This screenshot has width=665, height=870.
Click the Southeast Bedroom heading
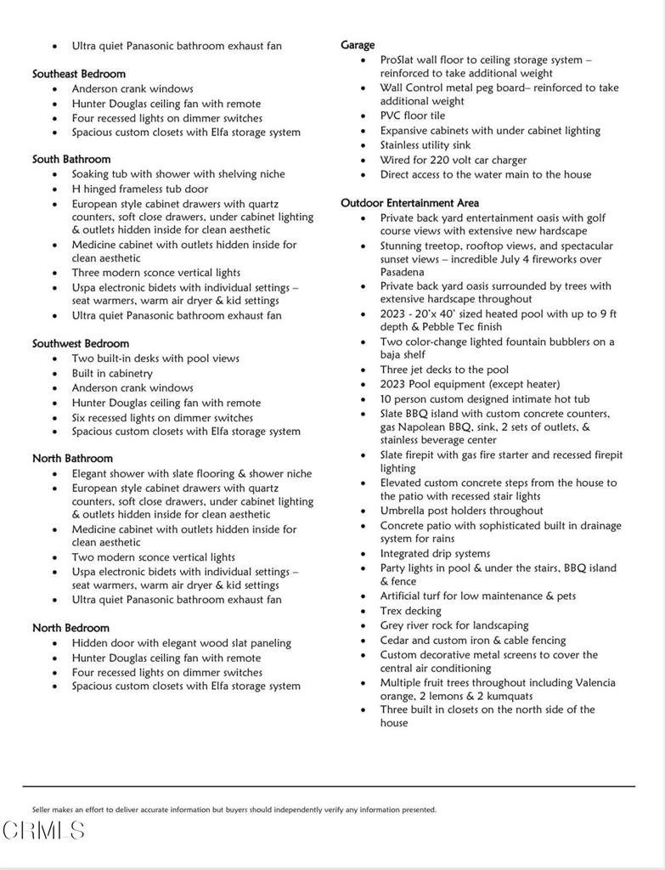(79, 74)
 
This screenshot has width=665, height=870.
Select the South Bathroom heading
(71, 159)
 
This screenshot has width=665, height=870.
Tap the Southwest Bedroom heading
(81, 343)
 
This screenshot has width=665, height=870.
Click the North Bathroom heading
(72, 459)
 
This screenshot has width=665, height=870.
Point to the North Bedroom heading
(70, 628)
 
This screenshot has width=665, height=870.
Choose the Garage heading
(358, 45)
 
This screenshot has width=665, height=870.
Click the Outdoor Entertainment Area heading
(409, 203)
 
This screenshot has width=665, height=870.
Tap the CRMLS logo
(43, 830)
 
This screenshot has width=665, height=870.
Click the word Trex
(393, 611)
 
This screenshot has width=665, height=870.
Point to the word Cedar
(396, 641)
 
